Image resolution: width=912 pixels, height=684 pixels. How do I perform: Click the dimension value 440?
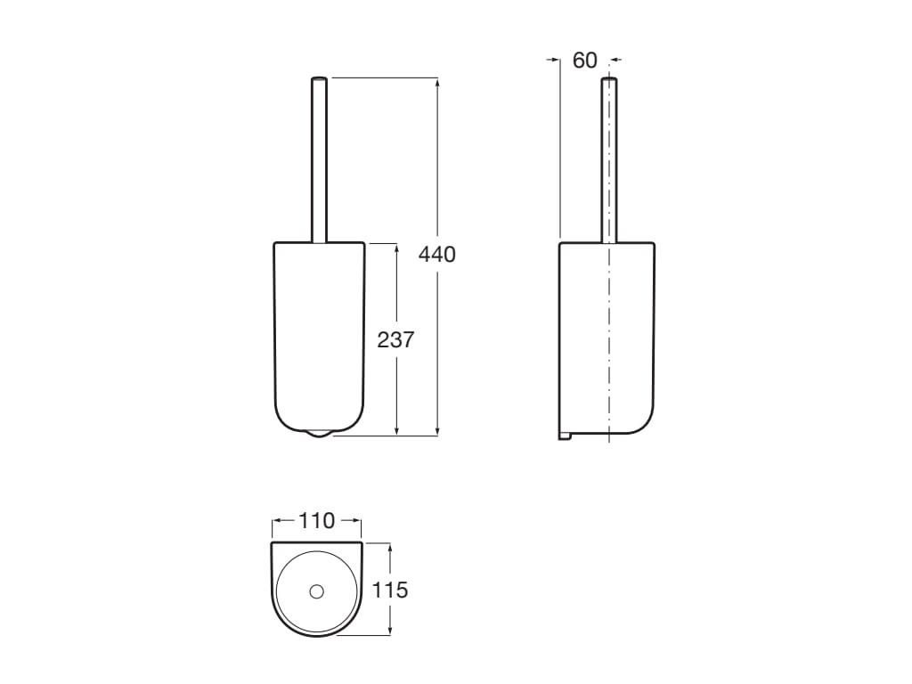coord(437,255)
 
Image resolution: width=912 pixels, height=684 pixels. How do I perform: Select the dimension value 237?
coord(396,339)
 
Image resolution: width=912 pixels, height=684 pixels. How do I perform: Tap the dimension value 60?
coord(584,61)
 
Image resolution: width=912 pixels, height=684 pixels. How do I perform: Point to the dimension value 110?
coord(316,521)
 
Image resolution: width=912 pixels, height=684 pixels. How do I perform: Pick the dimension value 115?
coord(390,590)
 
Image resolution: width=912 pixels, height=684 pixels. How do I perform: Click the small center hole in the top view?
coord(316,590)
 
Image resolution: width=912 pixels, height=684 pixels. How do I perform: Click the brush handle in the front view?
coord(319,160)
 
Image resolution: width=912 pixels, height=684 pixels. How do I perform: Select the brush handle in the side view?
coord(609,160)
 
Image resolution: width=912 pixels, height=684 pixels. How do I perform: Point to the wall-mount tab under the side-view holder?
coord(564,436)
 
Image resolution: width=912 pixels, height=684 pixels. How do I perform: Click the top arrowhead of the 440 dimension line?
coord(437,83)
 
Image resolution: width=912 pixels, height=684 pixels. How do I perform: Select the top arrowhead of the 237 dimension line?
coord(396,247)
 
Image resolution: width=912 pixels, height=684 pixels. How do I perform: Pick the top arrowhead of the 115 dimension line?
coord(390,547)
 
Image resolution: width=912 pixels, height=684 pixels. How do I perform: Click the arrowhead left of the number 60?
coord(554,61)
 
